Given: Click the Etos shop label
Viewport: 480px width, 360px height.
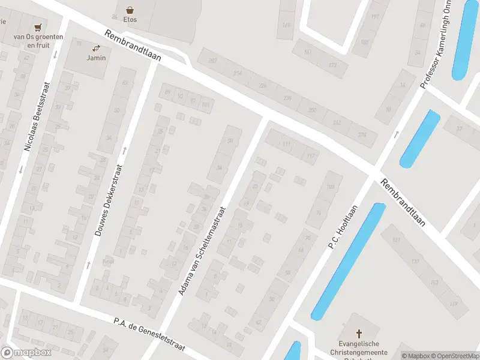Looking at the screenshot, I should pos(130,20).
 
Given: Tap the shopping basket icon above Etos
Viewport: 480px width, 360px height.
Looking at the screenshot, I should pos(130,10).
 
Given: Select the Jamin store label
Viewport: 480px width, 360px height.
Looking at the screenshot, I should pos(96,58).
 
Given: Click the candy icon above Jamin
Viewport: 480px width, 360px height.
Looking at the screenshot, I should pos(96,48).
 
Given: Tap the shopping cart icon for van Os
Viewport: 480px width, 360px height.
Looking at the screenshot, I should pos(39,28).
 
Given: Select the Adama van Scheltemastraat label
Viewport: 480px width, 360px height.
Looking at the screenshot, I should pos(202,250).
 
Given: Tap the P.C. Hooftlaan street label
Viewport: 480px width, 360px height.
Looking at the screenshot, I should pos(343,227).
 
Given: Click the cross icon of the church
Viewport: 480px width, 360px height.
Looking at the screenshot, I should pos(359,333).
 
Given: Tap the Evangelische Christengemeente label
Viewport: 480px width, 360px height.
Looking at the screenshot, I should pos(359,348).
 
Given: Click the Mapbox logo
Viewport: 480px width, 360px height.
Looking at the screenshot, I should pos(26,353).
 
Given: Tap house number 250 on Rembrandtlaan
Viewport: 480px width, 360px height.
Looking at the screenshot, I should pos(312,110).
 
